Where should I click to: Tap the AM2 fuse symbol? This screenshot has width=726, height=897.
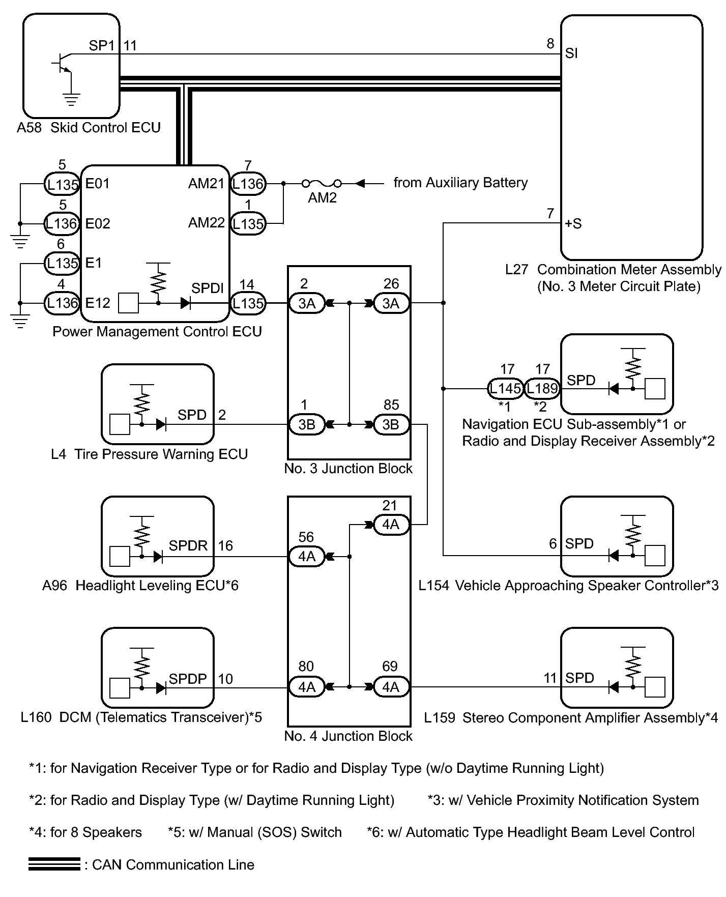point(322,183)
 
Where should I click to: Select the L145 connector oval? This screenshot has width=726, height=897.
point(505,389)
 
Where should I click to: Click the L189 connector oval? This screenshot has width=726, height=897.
point(542,389)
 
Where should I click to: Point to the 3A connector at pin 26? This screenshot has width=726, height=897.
point(391,304)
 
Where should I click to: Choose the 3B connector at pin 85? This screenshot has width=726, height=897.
point(391,425)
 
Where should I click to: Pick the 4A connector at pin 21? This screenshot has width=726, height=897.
point(391,525)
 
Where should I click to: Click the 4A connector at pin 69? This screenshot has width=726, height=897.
point(391,687)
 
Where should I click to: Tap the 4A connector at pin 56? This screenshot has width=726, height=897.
point(307,557)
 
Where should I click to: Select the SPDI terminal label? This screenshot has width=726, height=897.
point(207,288)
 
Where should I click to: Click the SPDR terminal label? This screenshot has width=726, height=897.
point(188,546)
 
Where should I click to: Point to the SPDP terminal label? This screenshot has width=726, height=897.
point(188,679)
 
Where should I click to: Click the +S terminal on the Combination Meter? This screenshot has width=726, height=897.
point(573,224)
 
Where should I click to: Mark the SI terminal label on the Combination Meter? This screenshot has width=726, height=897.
point(571,53)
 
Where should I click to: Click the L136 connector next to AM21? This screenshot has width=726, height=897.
point(248,184)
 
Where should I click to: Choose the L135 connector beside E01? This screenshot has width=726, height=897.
point(62,184)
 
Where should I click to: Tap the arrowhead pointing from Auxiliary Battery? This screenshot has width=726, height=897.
point(361,183)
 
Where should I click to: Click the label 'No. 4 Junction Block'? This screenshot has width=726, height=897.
point(349,736)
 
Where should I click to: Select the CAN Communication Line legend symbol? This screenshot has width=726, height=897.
point(54,864)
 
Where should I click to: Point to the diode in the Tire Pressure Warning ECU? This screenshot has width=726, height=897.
point(161,424)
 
